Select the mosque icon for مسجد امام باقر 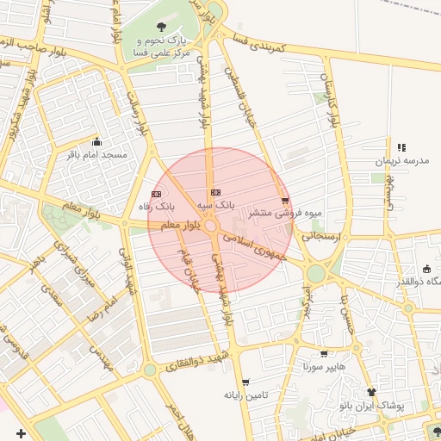click(96, 142)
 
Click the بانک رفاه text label click(156, 207)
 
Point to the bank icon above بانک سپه click(215, 192)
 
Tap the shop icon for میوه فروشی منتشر click(285, 201)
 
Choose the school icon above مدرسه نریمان click(401, 148)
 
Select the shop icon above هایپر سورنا click(323, 353)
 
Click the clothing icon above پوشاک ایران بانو click(371, 391)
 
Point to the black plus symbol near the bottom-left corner click(22, 432)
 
